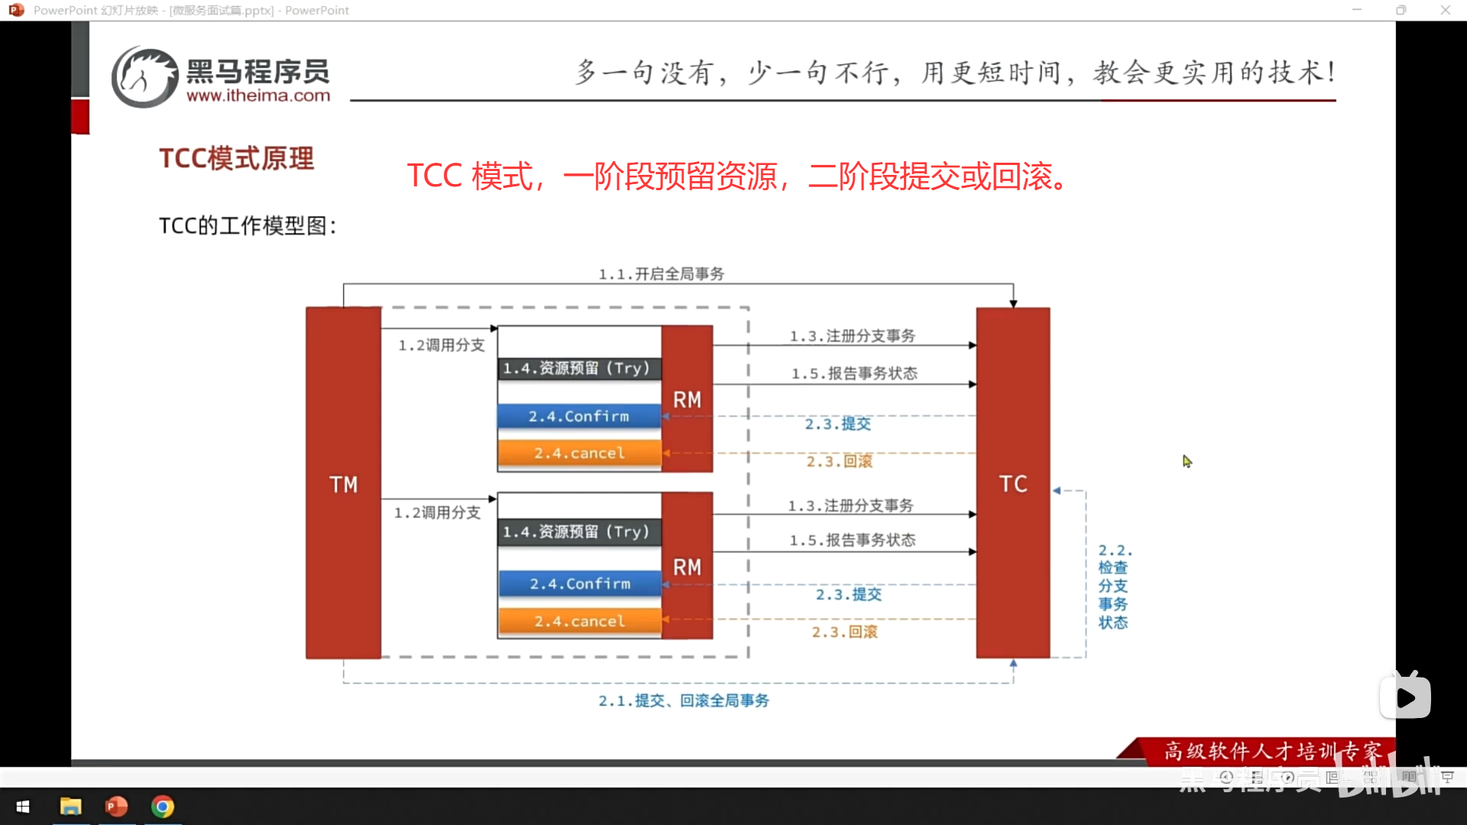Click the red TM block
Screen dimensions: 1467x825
(343, 483)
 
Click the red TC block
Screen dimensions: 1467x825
(1012, 483)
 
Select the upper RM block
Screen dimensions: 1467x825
(687, 399)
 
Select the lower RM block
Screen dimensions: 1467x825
(687, 566)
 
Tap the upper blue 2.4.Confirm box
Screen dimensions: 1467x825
(578, 416)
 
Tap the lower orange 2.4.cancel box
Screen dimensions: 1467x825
(578, 621)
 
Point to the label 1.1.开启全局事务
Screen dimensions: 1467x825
(661, 273)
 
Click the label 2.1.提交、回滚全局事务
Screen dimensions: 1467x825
(683, 700)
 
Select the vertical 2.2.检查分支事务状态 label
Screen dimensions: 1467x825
(1113, 586)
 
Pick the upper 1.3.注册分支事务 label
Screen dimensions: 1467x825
(852, 335)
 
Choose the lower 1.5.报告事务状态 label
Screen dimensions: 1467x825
(852, 540)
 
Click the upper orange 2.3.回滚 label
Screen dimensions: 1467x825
(839, 461)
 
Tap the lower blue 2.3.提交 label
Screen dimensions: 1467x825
(848, 594)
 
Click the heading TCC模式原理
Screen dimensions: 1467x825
(236, 158)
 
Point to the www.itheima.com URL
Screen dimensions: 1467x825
(258, 95)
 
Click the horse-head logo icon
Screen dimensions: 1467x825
(144, 76)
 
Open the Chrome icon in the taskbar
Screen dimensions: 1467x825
(162, 807)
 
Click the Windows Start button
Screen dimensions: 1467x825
(23, 807)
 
